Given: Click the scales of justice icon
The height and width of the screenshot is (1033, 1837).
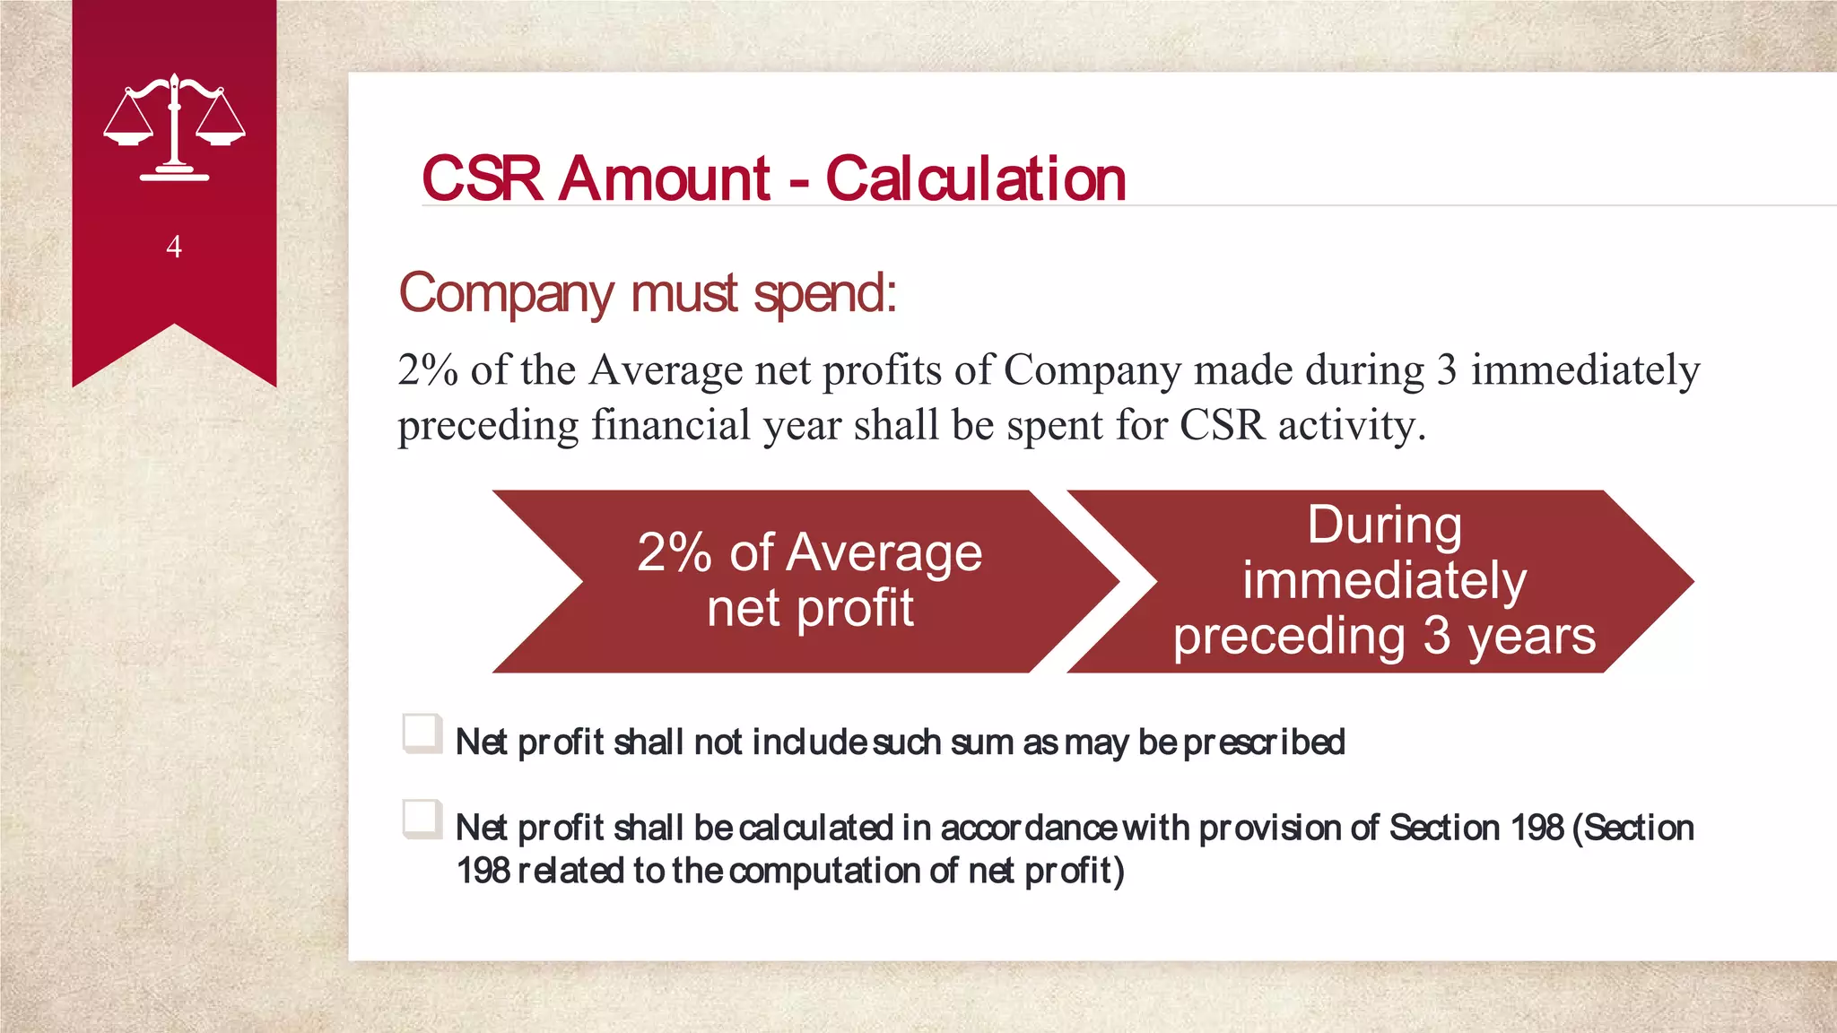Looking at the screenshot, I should point(174,127).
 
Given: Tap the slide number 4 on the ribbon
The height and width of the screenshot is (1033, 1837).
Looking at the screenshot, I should point(174,247).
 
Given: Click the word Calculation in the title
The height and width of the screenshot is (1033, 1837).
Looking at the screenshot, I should point(975,178).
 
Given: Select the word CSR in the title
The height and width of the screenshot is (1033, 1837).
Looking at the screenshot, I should point(482,178).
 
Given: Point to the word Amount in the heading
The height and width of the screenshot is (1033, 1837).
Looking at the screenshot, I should point(664,178).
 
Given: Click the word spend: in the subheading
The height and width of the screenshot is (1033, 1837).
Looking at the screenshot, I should point(825,293).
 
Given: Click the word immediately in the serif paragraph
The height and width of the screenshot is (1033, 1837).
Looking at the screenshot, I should point(1585,369).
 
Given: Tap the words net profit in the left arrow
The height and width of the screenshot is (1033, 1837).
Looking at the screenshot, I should point(810,609).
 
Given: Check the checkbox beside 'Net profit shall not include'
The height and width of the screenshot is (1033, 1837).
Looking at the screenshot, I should point(422,734).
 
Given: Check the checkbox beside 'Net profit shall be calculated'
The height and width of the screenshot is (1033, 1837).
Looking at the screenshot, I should point(422,819).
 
